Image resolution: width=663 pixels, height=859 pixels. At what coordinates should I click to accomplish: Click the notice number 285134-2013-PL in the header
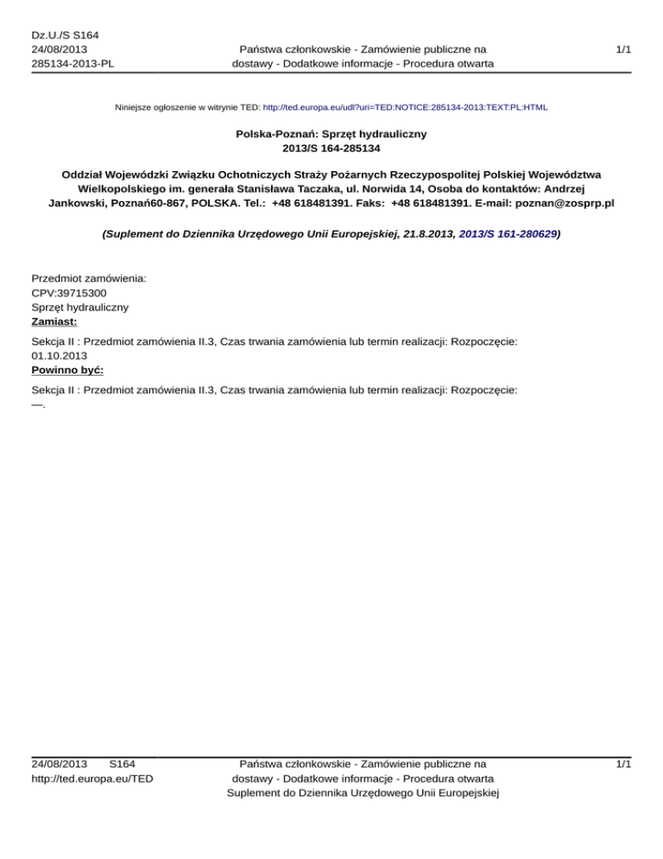click(x=73, y=64)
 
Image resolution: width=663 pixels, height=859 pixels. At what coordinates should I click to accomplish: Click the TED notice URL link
click(x=404, y=108)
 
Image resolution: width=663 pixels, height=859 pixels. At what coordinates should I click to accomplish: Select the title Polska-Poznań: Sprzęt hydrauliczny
click(x=331, y=136)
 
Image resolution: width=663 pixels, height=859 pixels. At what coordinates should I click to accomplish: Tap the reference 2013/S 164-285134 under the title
click(x=331, y=149)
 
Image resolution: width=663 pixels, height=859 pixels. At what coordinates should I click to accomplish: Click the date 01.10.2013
click(x=60, y=354)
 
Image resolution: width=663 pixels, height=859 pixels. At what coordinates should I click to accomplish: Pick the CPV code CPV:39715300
click(x=69, y=293)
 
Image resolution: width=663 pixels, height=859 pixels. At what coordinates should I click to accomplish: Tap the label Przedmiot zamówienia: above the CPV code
click(x=88, y=279)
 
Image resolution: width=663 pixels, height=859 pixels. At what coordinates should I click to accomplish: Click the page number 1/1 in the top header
click(x=622, y=50)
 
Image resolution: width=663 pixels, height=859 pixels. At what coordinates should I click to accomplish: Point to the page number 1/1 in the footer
click(x=622, y=764)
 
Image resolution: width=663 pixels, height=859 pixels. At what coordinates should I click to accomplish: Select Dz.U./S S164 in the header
click(x=65, y=35)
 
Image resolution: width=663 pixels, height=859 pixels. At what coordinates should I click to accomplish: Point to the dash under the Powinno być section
click(x=38, y=404)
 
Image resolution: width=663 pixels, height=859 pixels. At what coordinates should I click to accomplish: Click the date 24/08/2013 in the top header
click(x=59, y=49)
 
